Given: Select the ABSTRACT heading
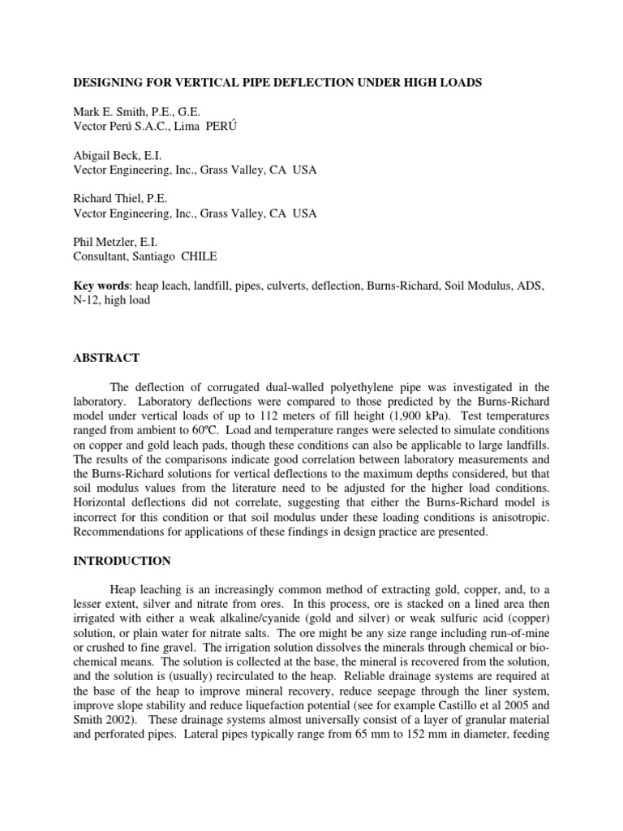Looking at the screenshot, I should (107, 358).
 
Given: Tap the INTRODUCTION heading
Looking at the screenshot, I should (122, 561).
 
